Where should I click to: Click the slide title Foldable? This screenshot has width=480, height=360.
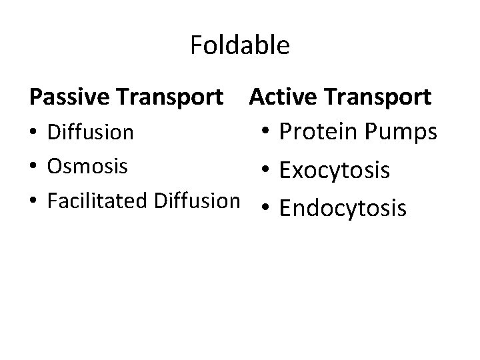[x=239, y=46]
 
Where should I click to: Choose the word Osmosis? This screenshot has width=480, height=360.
[x=87, y=166]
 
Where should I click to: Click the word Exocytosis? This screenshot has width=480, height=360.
[x=335, y=171]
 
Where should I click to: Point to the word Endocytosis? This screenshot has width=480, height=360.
[x=343, y=209]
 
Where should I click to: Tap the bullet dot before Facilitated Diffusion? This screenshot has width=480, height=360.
[x=34, y=200]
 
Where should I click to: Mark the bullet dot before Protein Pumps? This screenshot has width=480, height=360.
[x=266, y=133]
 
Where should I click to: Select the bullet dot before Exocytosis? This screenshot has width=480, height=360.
[x=266, y=171]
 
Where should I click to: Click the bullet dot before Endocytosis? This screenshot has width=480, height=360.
[x=266, y=209]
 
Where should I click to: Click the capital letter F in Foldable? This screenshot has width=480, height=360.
[x=197, y=46]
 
